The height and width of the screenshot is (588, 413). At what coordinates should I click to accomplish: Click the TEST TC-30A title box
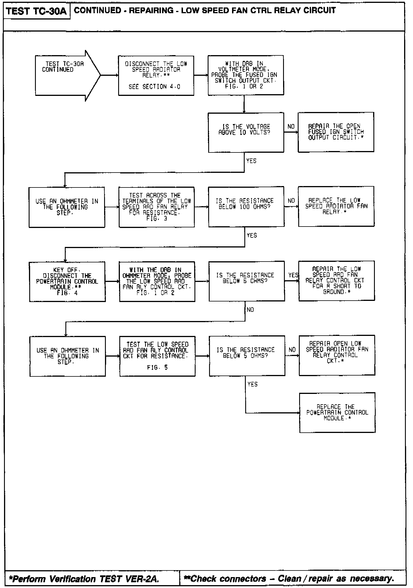pyautogui.click(x=36, y=11)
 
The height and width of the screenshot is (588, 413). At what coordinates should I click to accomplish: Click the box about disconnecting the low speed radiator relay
pyautogui.click(x=156, y=76)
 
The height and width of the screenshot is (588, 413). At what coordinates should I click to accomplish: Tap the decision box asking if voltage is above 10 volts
pyautogui.click(x=246, y=132)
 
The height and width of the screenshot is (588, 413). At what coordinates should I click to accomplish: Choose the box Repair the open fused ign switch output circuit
pyautogui.click(x=336, y=132)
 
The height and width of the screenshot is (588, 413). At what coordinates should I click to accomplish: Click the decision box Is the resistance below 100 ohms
pyautogui.click(x=246, y=206)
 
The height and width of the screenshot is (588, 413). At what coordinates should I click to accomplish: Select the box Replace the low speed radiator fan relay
pyautogui.click(x=336, y=206)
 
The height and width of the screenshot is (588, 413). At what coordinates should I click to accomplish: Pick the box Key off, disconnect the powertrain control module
pyautogui.click(x=67, y=281)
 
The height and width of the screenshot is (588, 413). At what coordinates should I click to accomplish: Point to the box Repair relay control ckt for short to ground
pyautogui.click(x=336, y=281)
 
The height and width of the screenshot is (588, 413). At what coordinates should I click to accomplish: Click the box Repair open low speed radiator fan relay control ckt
pyautogui.click(x=337, y=355)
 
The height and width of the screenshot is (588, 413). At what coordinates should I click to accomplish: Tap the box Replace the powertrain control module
pyautogui.click(x=337, y=413)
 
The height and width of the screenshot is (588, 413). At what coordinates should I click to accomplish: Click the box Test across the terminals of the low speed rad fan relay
pyautogui.click(x=157, y=207)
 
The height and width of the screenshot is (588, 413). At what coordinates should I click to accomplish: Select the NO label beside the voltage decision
pyautogui.click(x=291, y=127)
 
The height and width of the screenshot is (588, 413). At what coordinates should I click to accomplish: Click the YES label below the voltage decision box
pyautogui.click(x=251, y=161)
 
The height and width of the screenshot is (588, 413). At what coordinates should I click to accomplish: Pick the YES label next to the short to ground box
pyautogui.click(x=293, y=275)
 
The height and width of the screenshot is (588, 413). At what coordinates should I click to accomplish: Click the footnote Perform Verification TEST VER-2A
pyautogui.click(x=84, y=579)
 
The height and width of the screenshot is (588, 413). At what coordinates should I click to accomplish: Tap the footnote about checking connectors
pyautogui.click(x=289, y=578)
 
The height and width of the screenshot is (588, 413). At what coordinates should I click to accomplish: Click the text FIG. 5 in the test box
pyautogui.click(x=157, y=368)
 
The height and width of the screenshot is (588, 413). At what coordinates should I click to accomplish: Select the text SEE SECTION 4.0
pyautogui.click(x=154, y=87)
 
